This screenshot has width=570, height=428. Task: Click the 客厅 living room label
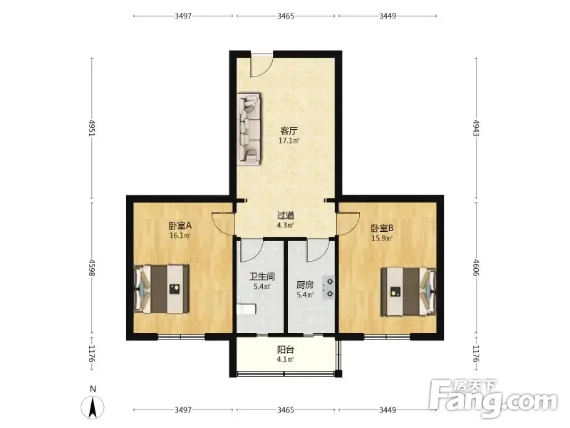289,131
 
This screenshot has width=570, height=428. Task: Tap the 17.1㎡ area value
289,141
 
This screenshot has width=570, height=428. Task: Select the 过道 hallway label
286,215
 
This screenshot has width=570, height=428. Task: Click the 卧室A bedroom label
180,225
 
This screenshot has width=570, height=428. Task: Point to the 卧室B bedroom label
382,228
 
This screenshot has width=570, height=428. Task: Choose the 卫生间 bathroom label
261,277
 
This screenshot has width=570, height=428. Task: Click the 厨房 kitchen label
305,285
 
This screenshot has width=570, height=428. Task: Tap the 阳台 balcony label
286,350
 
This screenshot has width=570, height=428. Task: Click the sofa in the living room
249,130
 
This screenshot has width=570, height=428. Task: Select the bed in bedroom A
162,290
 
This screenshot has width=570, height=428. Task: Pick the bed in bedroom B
408,292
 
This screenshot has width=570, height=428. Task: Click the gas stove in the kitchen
328,287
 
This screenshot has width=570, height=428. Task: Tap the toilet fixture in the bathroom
246,310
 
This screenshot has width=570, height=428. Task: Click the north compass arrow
93,407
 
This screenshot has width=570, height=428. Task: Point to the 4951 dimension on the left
92,128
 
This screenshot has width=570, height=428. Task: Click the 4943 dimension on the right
476,128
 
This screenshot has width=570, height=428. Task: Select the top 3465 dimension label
286,16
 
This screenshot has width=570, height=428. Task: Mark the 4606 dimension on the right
476,267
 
